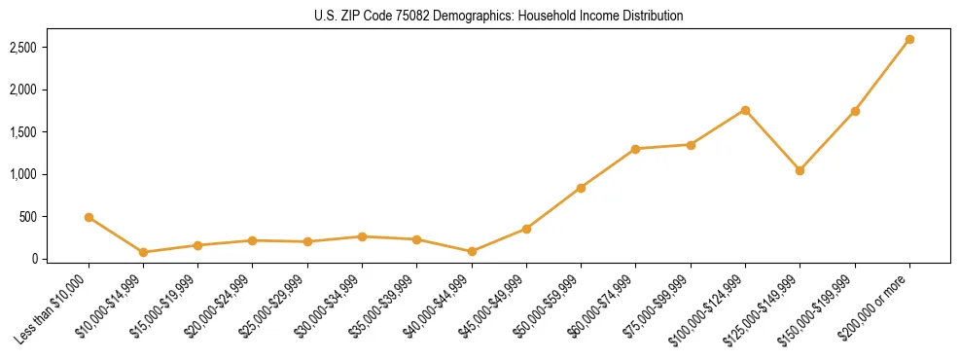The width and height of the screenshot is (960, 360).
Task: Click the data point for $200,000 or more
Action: point(909,40)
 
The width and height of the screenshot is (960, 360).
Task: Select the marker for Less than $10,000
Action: point(89,218)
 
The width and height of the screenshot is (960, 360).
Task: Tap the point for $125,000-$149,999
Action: point(800,170)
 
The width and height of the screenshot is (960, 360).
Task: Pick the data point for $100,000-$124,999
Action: point(745,110)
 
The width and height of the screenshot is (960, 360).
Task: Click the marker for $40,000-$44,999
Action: point(472,251)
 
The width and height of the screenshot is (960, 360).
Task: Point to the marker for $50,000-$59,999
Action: point(581,188)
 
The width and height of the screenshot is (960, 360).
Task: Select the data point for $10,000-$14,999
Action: point(143,252)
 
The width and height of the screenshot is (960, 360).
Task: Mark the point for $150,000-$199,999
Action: point(855,111)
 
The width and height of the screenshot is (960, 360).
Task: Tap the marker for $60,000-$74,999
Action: point(635,149)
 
